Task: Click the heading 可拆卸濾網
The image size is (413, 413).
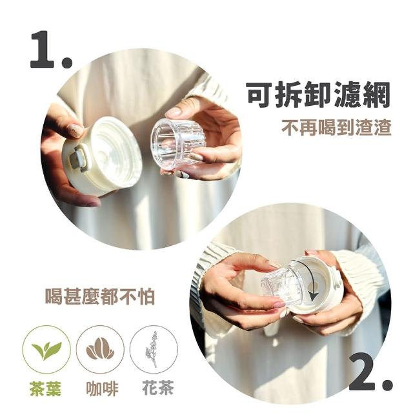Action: [x=318, y=95]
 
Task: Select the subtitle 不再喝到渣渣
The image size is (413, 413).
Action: [x=336, y=128]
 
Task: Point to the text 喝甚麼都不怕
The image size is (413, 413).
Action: [x=100, y=297]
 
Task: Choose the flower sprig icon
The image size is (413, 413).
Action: [x=154, y=350]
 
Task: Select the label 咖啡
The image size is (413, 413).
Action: [x=102, y=388]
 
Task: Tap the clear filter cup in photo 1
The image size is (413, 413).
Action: [x=177, y=143]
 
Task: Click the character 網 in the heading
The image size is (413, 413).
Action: [x=376, y=95]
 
